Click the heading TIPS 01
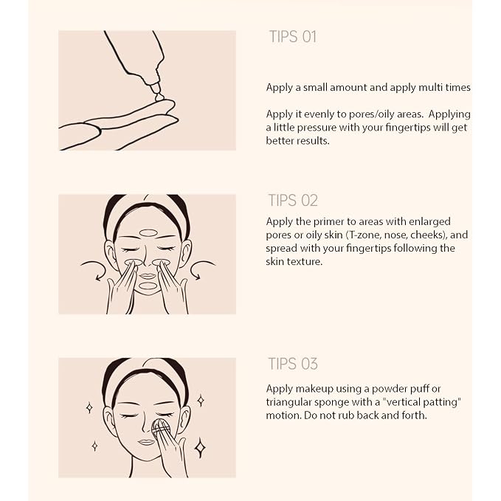[293, 36]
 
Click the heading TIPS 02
[293, 201]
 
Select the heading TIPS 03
[293, 364]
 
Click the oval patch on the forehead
[149, 233]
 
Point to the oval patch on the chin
[148, 286]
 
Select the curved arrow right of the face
[203, 269]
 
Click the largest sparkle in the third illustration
[201, 447]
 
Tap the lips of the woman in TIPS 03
[146, 442]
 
